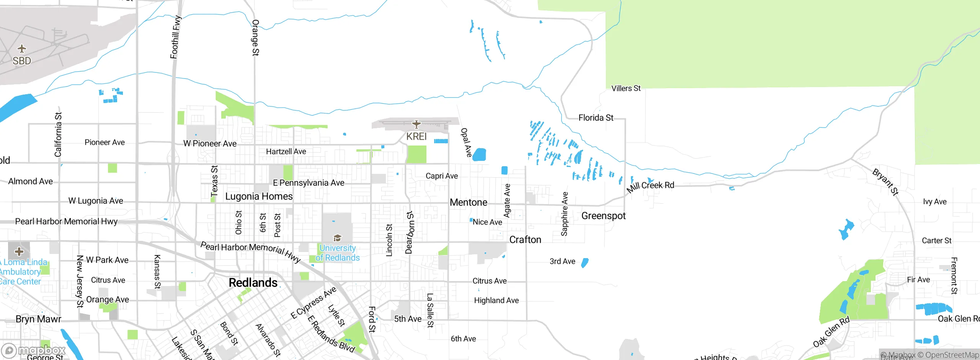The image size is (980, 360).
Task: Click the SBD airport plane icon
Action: coord(22,49)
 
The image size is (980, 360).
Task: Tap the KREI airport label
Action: coord(416,137)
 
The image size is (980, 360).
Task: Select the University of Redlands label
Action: coord(337,253)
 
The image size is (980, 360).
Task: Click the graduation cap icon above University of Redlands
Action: coord(337,238)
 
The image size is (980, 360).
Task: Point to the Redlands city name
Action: coord(253,283)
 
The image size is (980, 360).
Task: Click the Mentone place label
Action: coord(469,202)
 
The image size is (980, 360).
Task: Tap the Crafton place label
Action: coord(525,240)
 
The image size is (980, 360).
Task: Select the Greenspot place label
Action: coord(603,216)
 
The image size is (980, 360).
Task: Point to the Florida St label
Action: coord(596,118)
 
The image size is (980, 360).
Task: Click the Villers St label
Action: coord(626,88)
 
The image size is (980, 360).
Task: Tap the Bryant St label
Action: coord(885,182)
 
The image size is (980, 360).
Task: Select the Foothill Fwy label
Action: coord(175,37)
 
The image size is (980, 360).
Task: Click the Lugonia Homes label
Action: coord(259,196)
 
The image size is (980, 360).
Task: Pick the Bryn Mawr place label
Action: coord(38,319)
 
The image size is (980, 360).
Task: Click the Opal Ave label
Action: coord(466,142)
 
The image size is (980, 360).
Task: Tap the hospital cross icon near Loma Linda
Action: coord(19,252)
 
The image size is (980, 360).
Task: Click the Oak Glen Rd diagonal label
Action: coord(831,332)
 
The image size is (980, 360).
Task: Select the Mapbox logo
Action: coord(34,350)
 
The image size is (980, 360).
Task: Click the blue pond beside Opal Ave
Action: coord(479,155)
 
